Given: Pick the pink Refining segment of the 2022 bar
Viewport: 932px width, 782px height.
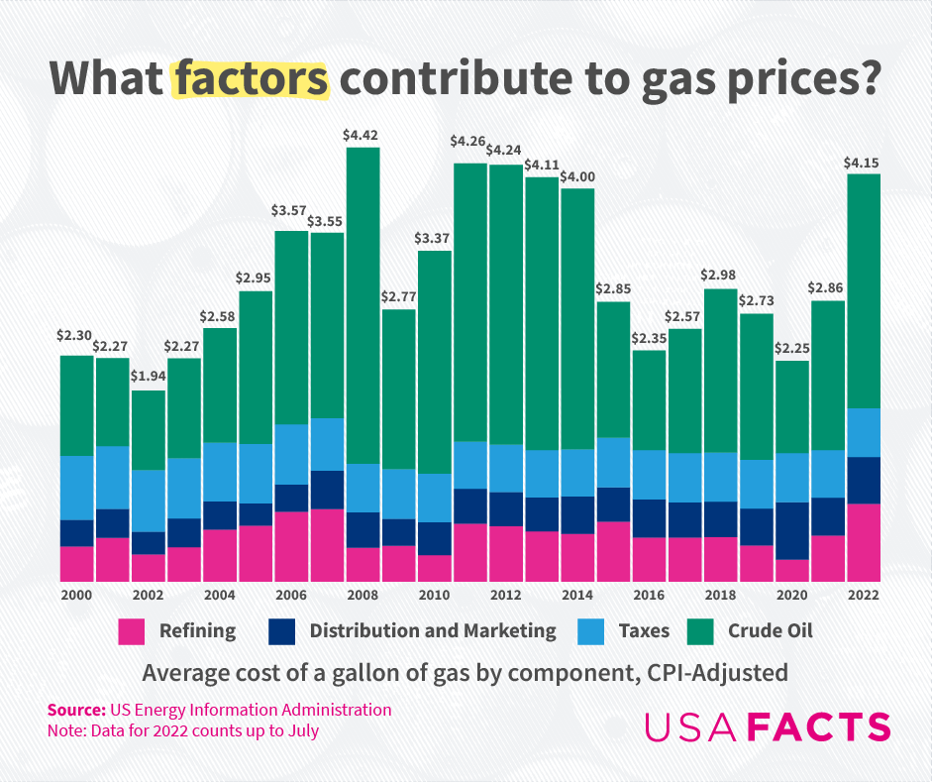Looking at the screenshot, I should [864, 542].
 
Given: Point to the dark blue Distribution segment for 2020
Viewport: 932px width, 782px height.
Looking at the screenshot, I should [792, 530].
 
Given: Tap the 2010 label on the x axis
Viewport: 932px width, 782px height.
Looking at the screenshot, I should [435, 596].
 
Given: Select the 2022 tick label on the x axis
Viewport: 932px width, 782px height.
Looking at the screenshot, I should [864, 596].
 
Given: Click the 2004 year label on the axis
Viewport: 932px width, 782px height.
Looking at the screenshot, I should [219, 596].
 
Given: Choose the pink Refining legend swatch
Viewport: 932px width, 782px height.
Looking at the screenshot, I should [132, 631].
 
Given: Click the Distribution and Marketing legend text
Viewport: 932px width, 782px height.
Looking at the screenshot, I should [433, 630].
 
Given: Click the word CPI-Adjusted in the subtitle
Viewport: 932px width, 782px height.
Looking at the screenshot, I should [718, 673].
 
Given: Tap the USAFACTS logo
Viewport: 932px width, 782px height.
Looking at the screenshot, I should [768, 726].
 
